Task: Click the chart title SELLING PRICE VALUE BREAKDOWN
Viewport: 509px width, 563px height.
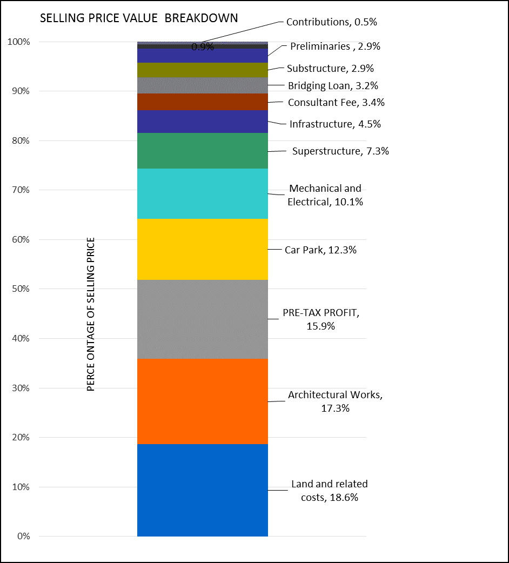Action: coord(139,18)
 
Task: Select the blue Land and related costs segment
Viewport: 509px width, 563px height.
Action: coord(203,490)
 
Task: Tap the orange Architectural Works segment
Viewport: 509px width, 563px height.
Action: coord(203,401)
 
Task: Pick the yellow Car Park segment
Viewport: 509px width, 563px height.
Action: coord(203,249)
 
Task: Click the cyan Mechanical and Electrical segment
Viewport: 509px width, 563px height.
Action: coord(203,193)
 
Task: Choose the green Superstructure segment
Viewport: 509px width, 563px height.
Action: coord(203,151)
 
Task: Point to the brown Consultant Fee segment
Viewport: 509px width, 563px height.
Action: coord(203,102)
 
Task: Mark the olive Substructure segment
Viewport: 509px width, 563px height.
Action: coord(203,70)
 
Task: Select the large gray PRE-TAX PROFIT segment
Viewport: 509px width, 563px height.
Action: coord(203,319)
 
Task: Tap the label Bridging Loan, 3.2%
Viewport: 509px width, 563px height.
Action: coord(332,85)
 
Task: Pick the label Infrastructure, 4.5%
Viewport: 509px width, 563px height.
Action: coord(335,124)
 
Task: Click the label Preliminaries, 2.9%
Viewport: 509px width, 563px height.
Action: coord(335,46)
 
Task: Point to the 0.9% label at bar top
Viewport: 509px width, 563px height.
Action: coord(203,47)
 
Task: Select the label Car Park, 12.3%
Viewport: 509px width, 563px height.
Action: coord(320,250)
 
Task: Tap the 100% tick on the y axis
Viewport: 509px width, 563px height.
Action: coord(19,42)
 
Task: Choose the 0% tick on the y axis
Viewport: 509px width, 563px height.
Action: coord(24,537)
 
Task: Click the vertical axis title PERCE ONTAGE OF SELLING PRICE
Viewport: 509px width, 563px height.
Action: coord(91,314)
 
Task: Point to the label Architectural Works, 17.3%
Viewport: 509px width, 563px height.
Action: coord(335,401)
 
